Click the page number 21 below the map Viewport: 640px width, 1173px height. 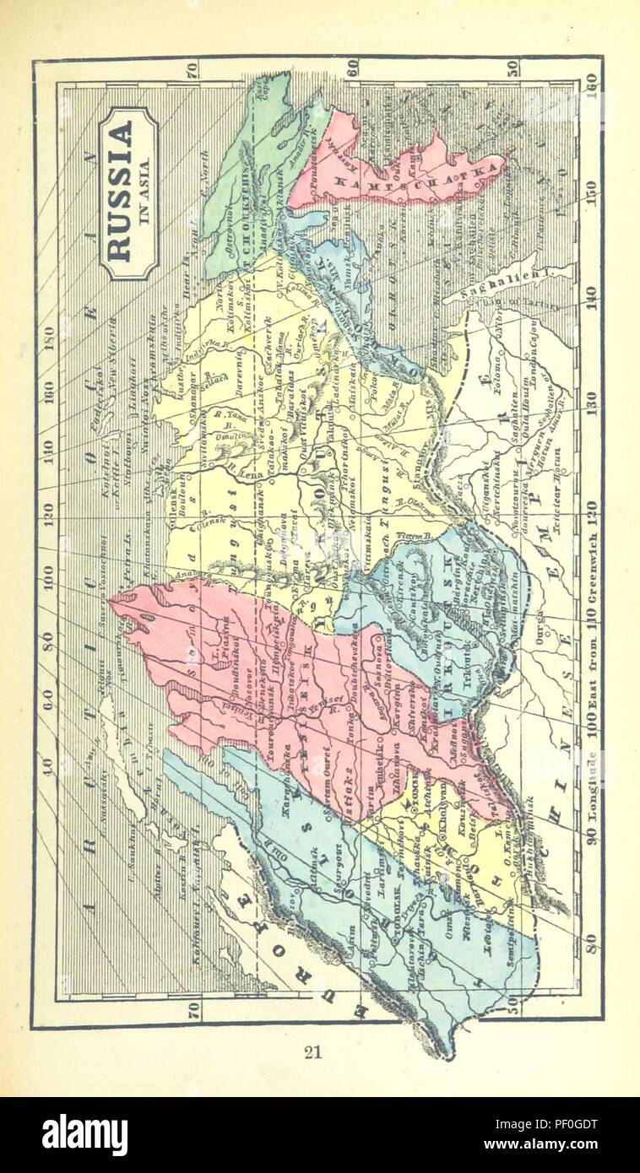tap(314, 1051)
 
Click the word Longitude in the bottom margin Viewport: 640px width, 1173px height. tap(591, 793)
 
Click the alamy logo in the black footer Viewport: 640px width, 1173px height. tap(84, 1133)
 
